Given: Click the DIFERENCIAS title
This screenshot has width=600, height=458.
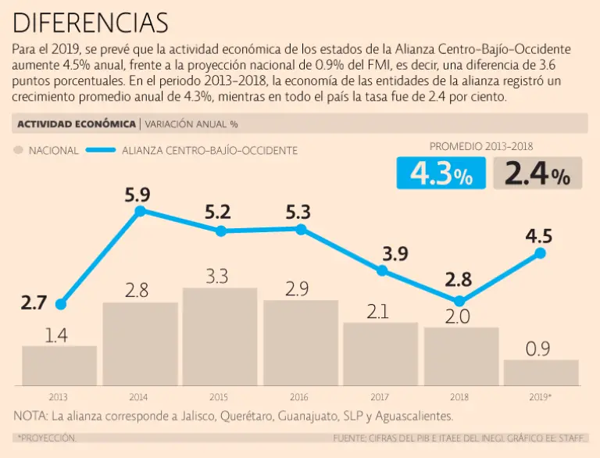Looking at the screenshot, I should pyautogui.click(x=91, y=22).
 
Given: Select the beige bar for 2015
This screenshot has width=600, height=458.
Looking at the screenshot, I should pyautogui.click(x=220, y=338).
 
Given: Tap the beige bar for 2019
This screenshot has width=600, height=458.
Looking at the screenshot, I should pyautogui.click(x=541, y=373).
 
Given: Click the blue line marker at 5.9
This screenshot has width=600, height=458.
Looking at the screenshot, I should pyautogui.click(x=141, y=211).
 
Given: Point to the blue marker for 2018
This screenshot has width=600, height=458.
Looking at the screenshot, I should pyautogui.click(x=459, y=301).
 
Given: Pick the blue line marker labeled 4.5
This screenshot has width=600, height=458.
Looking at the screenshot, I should pyautogui.click(x=540, y=253).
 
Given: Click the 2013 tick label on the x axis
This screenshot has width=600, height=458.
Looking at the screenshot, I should pyautogui.click(x=58, y=397).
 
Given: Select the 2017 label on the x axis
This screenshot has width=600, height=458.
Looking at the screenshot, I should pyautogui.click(x=380, y=397).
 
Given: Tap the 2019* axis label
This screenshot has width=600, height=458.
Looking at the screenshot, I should pyautogui.click(x=541, y=397).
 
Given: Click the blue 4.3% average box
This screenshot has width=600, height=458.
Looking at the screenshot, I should pyautogui.click(x=441, y=174).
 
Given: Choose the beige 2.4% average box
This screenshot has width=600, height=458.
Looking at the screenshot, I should pyautogui.click(x=537, y=174).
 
